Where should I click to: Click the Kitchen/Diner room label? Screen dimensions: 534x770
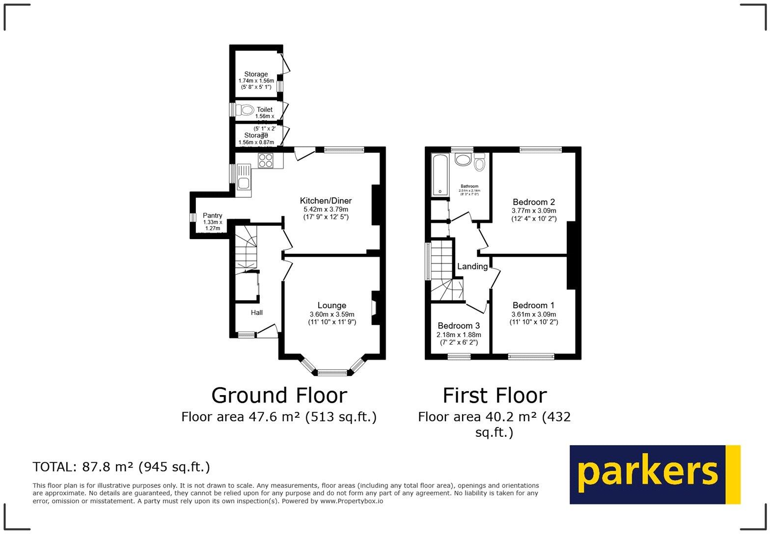click(326, 201)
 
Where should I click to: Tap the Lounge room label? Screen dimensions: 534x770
click(331, 305)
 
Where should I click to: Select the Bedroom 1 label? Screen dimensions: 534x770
click(533, 305)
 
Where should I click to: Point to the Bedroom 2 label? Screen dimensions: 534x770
click(533, 202)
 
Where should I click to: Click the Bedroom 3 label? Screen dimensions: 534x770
click(459, 326)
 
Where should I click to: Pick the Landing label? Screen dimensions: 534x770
click(472, 267)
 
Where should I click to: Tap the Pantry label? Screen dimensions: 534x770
click(212, 215)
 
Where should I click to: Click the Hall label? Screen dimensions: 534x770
click(256, 313)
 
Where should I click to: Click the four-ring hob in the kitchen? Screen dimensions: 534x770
click(266, 160)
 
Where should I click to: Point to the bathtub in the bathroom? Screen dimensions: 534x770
click(440, 175)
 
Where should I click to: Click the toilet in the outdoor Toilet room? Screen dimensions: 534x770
click(244, 110)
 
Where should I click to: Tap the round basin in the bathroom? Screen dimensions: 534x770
click(463, 159)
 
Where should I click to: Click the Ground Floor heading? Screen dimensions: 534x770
click(279, 395)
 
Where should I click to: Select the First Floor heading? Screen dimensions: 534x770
click(495, 395)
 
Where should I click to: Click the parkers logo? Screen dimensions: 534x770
click(655, 474)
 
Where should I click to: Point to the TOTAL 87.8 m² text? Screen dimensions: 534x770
click(121, 467)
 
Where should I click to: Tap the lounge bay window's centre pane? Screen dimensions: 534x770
click(332, 373)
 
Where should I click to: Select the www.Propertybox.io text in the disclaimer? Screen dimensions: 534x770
click(351, 501)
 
